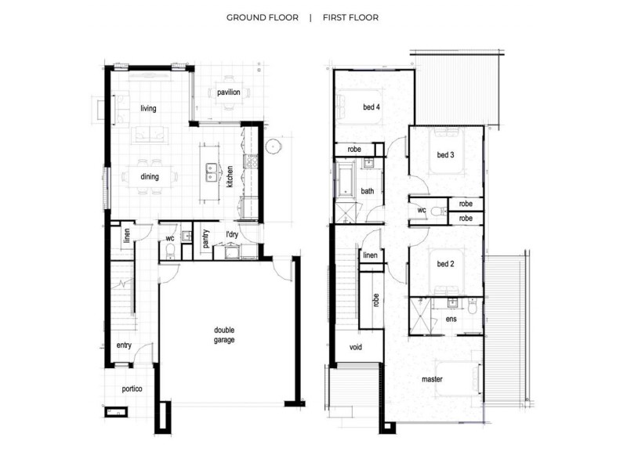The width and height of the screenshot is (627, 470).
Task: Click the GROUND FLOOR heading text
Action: [x=262, y=17]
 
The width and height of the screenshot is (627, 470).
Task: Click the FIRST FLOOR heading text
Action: [x=350, y=17]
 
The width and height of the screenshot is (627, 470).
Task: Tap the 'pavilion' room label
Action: [x=229, y=92]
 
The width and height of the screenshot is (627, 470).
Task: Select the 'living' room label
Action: [x=149, y=108]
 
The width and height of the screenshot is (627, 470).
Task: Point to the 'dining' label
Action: [x=150, y=176]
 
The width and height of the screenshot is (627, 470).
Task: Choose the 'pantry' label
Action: [x=205, y=238]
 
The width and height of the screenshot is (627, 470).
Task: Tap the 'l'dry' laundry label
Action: [x=232, y=235]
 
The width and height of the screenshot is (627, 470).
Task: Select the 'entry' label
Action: [x=124, y=345]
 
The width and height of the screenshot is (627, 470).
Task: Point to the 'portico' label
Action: [x=131, y=389]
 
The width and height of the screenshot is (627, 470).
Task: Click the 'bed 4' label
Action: [x=371, y=107]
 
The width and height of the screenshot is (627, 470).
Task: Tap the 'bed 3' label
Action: [x=444, y=155]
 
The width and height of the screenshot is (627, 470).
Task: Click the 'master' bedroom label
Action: [x=433, y=378]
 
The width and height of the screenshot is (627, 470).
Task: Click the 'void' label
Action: [x=355, y=347]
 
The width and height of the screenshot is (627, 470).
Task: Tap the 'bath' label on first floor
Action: [x=368, y=191]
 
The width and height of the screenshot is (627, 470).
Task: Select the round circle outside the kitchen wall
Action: [x=274, y=146]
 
